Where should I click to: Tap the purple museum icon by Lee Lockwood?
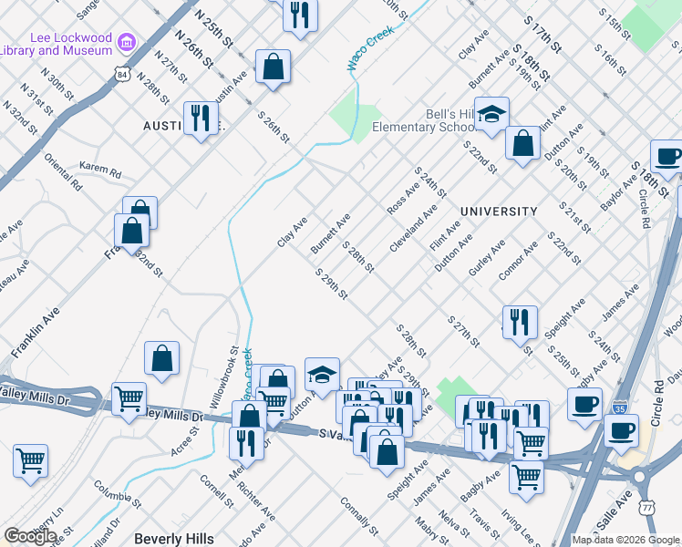point(127,42)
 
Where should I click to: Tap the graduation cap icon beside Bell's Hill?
point(491,114)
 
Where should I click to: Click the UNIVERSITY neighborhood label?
point(499,212)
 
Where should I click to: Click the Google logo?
point(30,536)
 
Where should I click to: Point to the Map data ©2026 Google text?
point(625,540)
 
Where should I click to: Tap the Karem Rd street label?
point(100,170)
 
